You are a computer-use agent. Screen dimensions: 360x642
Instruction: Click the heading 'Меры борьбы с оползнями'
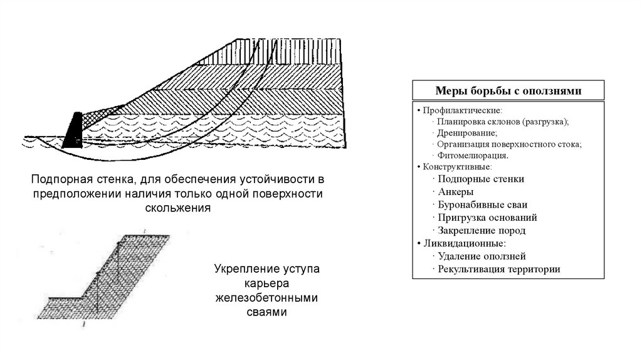tap(508, 90)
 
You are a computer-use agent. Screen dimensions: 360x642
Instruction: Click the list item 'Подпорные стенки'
tap(481, 179)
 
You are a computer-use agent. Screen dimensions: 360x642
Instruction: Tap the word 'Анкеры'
tap(456, 192)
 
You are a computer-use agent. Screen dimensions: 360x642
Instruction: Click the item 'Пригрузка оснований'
tap(488, 218)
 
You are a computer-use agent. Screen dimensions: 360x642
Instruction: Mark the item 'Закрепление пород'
tap(481, 230)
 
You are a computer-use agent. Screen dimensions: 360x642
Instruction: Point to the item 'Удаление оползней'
tap(481, 256)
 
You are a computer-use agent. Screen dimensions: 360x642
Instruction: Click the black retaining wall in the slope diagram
tap(73, 132)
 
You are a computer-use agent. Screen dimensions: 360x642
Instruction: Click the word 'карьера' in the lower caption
tap(266, 283)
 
